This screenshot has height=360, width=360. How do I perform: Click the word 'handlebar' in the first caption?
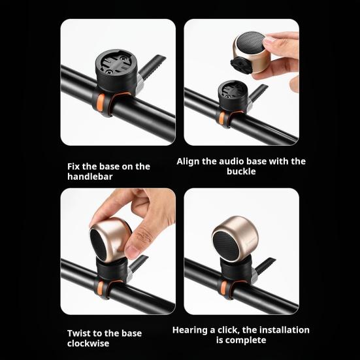(90, 176)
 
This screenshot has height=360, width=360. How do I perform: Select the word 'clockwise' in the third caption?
(88, 343)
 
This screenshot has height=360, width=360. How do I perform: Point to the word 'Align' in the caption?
(190, 161)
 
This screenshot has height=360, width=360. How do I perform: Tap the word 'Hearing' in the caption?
(191, 330)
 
